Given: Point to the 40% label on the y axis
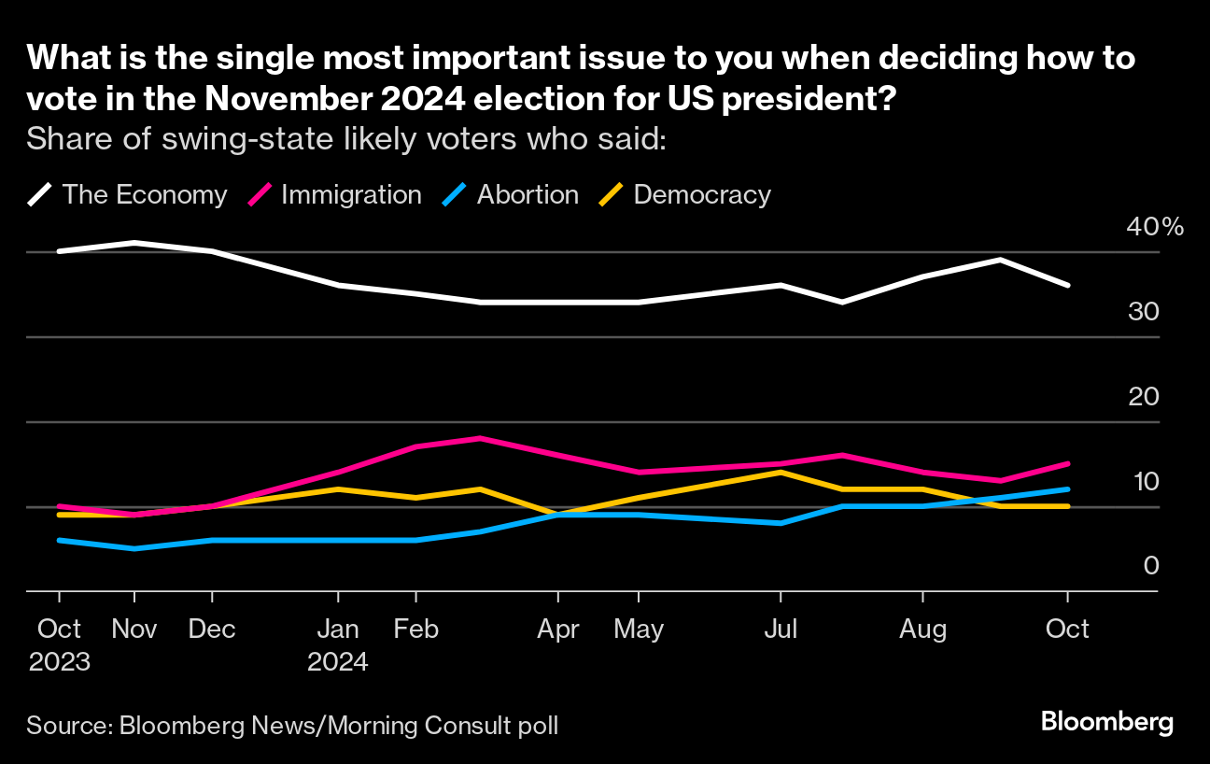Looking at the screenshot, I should pos(1155,227).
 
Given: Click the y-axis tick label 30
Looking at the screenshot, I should pos(1144,312).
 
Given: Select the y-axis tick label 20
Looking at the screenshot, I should pos(1144,397).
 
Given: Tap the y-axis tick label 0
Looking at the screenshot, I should pos(1150,566).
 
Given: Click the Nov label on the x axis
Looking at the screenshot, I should pos(134,630).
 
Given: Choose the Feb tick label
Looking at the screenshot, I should pos(415,630).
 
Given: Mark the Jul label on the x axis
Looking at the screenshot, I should pos(781,630).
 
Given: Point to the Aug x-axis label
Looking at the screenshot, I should pos(922,630).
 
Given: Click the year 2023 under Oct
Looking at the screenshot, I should pos(59,662).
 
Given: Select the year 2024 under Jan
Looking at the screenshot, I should pos(338,662).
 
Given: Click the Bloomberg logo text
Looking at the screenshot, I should pos(1106,722).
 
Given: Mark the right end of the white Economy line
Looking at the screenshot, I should pos(1068,285).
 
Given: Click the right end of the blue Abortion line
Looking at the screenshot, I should pos(1068,488).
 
